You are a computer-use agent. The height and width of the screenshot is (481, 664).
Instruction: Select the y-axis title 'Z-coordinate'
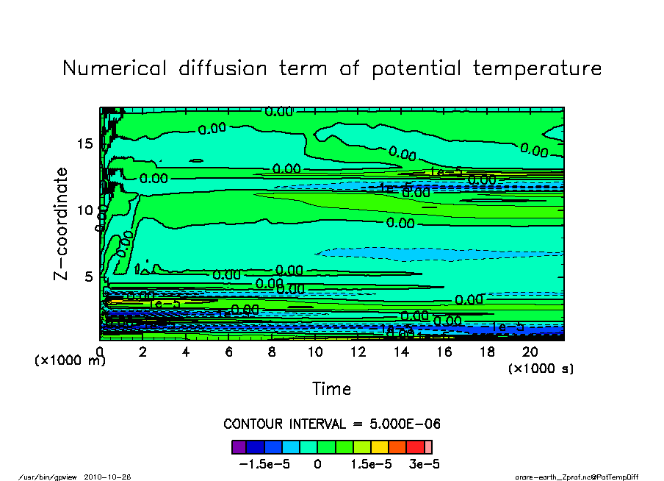tap(62, 224)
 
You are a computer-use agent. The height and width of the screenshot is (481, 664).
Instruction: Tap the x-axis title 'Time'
tap(332, 389)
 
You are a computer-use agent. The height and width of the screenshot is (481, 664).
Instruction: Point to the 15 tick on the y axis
tap(84, 143)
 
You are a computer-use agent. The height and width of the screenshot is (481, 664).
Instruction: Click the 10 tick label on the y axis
tap(84, 210)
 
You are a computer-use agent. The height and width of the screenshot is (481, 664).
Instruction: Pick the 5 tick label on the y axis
tap(89, 277)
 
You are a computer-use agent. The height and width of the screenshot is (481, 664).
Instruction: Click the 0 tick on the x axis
tap(100, 352)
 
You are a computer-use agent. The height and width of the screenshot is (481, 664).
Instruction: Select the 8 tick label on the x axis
tap(273, 352)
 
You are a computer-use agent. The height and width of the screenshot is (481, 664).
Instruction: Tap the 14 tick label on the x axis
tap(401, 352)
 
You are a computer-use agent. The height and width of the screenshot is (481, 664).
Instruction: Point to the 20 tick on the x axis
tap(530, 352)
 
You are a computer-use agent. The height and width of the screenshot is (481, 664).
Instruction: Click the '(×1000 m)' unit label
tap(70, 362)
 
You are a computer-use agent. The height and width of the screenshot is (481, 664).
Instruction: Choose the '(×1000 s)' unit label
tap(541, 368)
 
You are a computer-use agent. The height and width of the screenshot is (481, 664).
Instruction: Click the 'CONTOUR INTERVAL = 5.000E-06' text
tap(332, 424)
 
